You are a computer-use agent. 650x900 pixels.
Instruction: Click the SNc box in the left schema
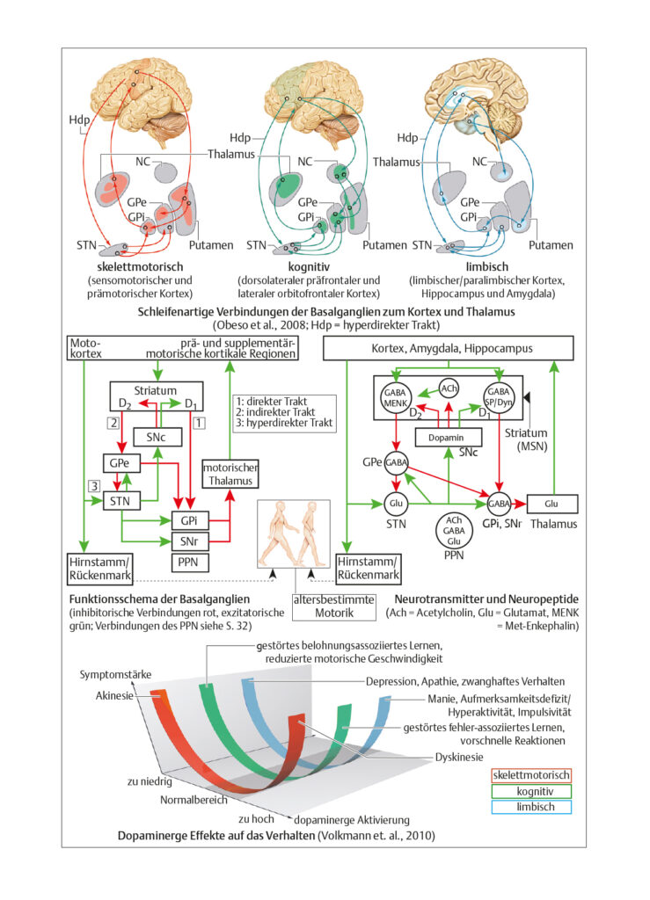157,438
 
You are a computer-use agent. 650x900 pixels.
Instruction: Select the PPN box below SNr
189,562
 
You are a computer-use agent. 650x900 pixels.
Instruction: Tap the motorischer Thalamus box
230,475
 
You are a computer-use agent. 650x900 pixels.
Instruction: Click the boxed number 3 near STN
93,485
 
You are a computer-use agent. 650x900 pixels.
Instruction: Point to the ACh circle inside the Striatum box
449,388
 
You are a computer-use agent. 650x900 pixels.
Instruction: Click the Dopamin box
449,438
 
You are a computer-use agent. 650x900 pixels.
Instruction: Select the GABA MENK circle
395,396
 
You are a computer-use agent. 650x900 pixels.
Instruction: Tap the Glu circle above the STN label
396,504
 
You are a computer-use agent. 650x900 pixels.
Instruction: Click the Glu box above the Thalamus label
551,504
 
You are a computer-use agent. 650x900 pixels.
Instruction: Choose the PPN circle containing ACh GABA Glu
454,530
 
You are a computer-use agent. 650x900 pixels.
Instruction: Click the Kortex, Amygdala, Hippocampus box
449,348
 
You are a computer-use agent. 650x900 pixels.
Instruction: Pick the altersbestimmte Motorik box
334,606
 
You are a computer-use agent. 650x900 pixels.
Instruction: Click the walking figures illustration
294,533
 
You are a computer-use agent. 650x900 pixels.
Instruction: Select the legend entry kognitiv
532,791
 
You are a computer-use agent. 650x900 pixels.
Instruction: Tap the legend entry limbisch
532,807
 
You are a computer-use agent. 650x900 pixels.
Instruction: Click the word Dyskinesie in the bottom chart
459,757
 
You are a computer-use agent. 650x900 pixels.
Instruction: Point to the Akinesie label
114,696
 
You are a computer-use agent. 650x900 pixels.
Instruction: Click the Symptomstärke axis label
115,674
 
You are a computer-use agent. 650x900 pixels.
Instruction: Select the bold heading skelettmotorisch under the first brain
140,267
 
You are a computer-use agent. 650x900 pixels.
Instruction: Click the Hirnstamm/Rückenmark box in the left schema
100,569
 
